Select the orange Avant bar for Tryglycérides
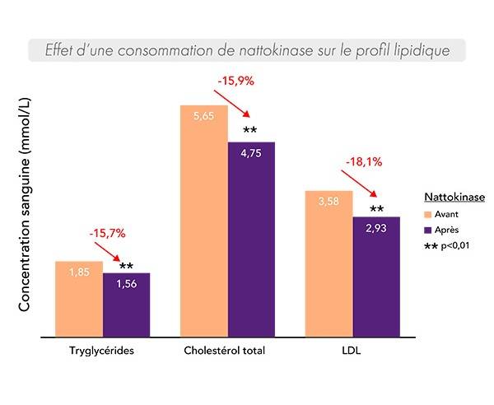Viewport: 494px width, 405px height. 79,300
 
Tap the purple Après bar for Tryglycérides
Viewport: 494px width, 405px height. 127,305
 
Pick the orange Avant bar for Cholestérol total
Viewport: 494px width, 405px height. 203,222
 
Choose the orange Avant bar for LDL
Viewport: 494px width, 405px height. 329,264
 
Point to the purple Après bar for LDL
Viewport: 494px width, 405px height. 376,277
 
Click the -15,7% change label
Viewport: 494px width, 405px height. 108,235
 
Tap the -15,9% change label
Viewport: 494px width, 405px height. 235,81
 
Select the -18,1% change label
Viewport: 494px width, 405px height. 363,162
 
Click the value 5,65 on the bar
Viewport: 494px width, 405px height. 203,117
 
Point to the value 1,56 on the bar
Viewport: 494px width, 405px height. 127,284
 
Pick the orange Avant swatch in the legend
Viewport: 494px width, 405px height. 428,216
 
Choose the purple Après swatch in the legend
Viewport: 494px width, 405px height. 428,230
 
